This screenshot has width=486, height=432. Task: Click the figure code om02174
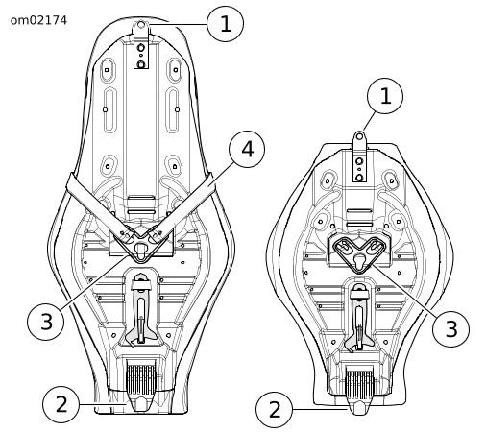pos(38,20)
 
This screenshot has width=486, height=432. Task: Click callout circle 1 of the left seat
pos(226,24)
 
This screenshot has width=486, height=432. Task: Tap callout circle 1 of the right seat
pos(385,96)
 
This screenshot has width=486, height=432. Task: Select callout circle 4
pos(247,149)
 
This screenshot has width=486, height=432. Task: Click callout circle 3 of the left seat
pos(46,322)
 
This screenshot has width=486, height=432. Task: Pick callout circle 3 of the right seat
pos(451,328)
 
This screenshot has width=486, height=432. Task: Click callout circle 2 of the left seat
pos(61,404)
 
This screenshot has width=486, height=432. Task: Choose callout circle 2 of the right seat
pos(275,409)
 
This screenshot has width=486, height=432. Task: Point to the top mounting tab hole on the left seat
pos(141,24)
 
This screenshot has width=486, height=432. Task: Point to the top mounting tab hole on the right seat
pos(359,136)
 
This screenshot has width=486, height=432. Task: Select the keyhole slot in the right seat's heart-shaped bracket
pos(359,259)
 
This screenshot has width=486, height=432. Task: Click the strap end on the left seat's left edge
pos(71,182)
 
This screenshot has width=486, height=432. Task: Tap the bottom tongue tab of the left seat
pos(141,402)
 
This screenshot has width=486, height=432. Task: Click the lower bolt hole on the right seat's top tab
pos(359,177)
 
